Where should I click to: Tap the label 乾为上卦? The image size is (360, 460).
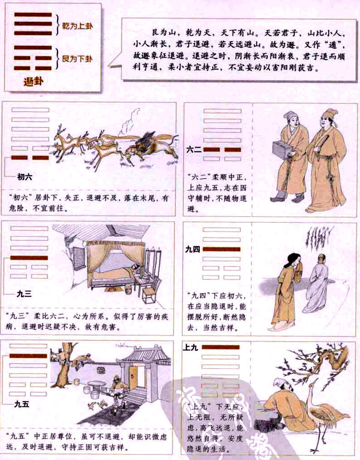click(x=77, y=26)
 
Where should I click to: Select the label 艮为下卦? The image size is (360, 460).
click(x=77, y=57)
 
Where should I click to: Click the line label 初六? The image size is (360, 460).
click(x=24, y=176)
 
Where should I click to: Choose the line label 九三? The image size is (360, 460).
click(x=24, y=294)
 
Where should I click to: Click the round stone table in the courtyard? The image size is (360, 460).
click(x=97, y=384)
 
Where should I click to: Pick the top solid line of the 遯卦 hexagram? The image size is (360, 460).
click(x=33, y=15)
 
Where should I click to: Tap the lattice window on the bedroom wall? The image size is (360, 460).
click(x=79, y=258)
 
